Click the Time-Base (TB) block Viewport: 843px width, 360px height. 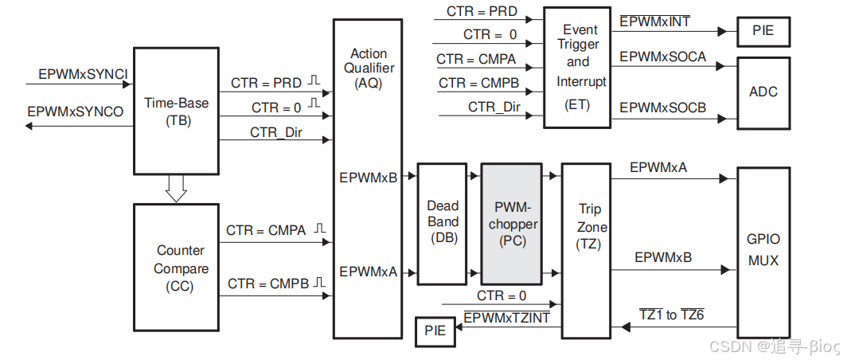coord(176,112)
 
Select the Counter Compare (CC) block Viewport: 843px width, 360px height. coord(175,268)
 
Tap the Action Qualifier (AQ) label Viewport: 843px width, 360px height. coord(369,68)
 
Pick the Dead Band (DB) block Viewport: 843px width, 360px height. coord(442,223)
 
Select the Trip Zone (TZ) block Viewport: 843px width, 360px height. coord(590,227)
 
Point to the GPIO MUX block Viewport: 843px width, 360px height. coord(763,249)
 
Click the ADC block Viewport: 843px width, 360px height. coord(763,92)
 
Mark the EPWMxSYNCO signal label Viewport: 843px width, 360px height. coord(76,112)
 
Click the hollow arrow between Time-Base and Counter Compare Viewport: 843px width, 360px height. coord(176,188)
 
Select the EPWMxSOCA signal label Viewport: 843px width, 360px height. coord(662,57)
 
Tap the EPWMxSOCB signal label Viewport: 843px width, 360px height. coord(662,108)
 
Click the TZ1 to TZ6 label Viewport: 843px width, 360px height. coord(671,315)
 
